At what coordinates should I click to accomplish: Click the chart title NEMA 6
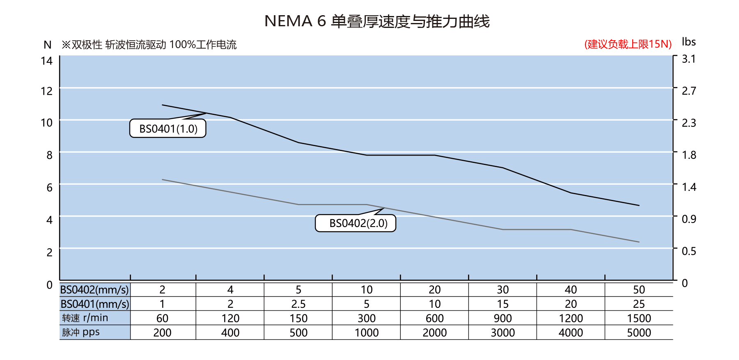pyautogui.click(x=376, y=21)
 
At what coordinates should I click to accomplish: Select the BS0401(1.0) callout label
pyautogui.click(x=168, y=129)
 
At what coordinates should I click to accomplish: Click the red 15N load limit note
pyautogui.click(x=628, y=44)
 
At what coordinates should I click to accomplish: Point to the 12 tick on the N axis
pyautogui.click(x=47, y=91)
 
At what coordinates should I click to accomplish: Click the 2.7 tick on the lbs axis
pyautogui.click(x=689, y=91)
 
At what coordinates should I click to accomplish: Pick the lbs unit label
pyautogui.click(x=689, y=42)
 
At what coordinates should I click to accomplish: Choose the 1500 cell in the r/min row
pyautogui.click(x=638, y=318)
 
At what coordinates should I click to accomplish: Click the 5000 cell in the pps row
pyautogui.click(x=638, y=332)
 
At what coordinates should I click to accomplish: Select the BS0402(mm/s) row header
pyautogui.click(x=95, y=290)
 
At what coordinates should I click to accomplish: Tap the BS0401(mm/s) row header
pyautogui.click(x=95, y=304)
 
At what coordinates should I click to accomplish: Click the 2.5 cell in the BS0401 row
pyautogui.click(x=298, y=304)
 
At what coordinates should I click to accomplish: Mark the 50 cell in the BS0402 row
pyautogui.click(x=638, y=290)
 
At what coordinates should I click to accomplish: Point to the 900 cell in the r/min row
pyautogui.click(x=503, y=318)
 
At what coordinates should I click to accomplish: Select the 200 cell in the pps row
pyautogui.click(x=162, y=332)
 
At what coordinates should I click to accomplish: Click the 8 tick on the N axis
pyautogui.click(x=49, y=155)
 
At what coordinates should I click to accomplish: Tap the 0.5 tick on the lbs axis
pyautogui.click(x=689, y=251)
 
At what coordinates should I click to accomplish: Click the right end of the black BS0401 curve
pyautogui.click(x=639, y=205)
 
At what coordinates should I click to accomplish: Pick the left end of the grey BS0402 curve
pyautogui.click(x=163, y=179)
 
